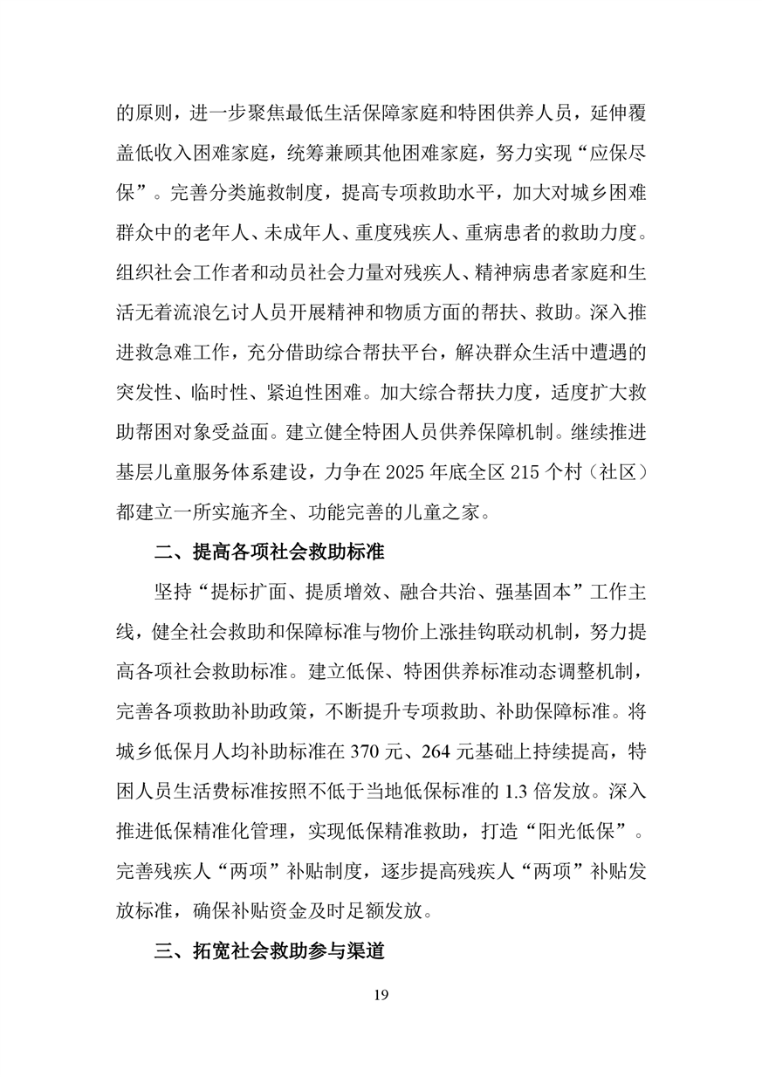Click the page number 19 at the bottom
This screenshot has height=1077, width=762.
[x=380, y=995]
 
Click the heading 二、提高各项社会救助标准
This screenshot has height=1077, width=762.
[x=270, y=552]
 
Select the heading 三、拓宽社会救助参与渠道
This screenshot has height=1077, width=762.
[x=270, y=950]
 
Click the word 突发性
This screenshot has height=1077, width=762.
[x=145, y=393]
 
